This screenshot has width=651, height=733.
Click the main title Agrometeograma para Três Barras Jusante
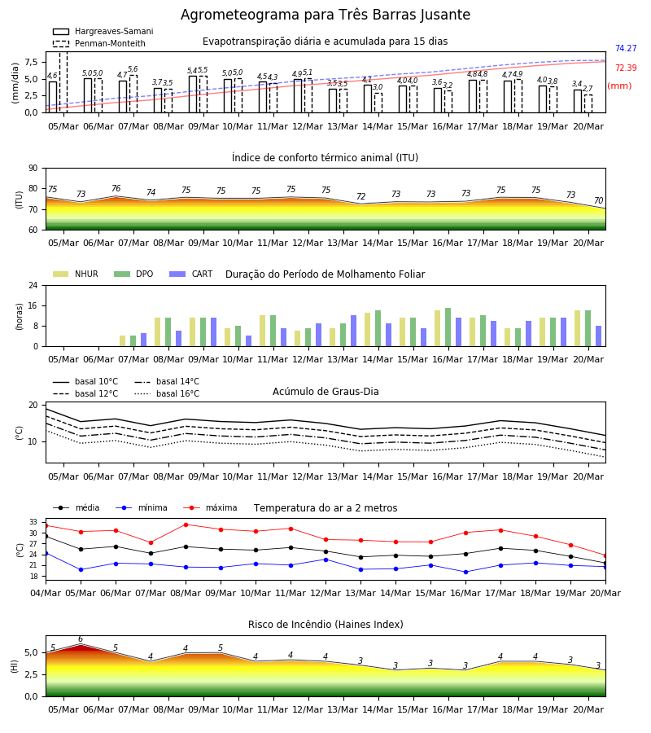pyautogui.click(x=325, y=15)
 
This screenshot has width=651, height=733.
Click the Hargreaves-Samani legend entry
pyautogui.click(x=103, y=31)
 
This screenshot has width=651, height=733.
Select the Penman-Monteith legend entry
pyautogui.click(x=99, y=43)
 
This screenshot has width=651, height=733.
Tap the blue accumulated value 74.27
pyautogui.click(x=626, y=48)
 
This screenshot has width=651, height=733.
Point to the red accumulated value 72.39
pyautogui.click(x=626, y=68)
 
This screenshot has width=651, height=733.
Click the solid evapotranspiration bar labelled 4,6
pyautogui.click(x=53, y=97)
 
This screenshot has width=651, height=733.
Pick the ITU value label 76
pyautogui.click(x=116, y=188)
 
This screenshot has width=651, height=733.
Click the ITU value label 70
pyautogui.click(x=598, y=200)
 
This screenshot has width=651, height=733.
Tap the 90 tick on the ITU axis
pyautogui.click(x=33, y=169)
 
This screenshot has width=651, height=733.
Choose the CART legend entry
pyautogui.click(x=191, y=274)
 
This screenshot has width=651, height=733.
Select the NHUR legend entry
pyautogui.click(x=76, y=274)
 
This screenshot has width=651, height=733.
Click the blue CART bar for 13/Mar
pyautogui.click(x=353, y=331)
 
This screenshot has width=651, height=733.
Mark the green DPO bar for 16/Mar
pyautogui.click(x=448, y=327)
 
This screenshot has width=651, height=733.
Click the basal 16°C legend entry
pyautogui.click(x=167, y=393)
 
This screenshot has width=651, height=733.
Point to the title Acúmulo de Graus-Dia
pyautogui.click(x=325, y=392)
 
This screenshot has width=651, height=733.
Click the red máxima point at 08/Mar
pyautogui.click(x=186, y=525)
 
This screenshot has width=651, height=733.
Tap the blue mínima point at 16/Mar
pyautogui.click(x=465, y=572)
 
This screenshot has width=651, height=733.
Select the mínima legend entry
pyautogui.click(x=142, y=507)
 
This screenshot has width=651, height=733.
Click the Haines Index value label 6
pyautogui.click(x=81, y=639)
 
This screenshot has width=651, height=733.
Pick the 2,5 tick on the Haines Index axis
pyautogui.click(x=32, y=674)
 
